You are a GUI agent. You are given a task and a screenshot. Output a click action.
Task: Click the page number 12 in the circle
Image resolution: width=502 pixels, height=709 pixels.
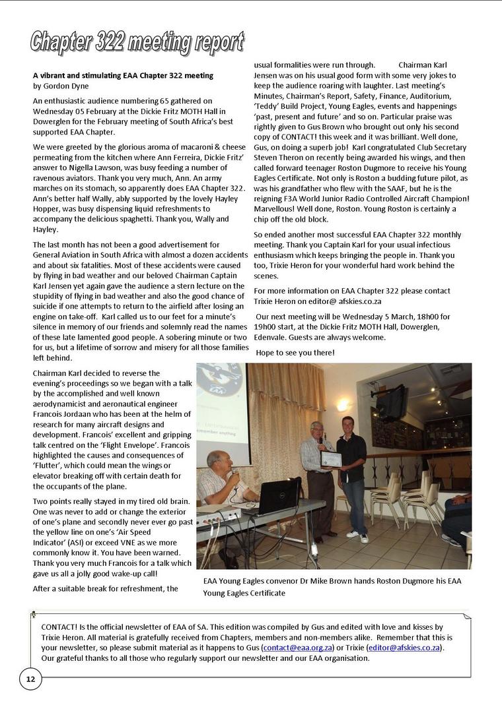click(30, 679)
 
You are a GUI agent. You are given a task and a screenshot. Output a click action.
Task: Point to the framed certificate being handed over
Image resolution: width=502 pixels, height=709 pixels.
click(331, 459)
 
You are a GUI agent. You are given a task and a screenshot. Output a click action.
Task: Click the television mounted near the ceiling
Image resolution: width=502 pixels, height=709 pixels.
click(392, 402)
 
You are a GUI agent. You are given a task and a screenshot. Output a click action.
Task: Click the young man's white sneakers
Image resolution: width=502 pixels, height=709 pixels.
click(357, 536)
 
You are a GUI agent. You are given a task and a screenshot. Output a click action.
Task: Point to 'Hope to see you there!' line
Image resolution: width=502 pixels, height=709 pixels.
click(295, 353)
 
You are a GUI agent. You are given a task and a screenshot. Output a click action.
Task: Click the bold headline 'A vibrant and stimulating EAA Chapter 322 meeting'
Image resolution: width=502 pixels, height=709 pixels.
click(123, 76)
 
